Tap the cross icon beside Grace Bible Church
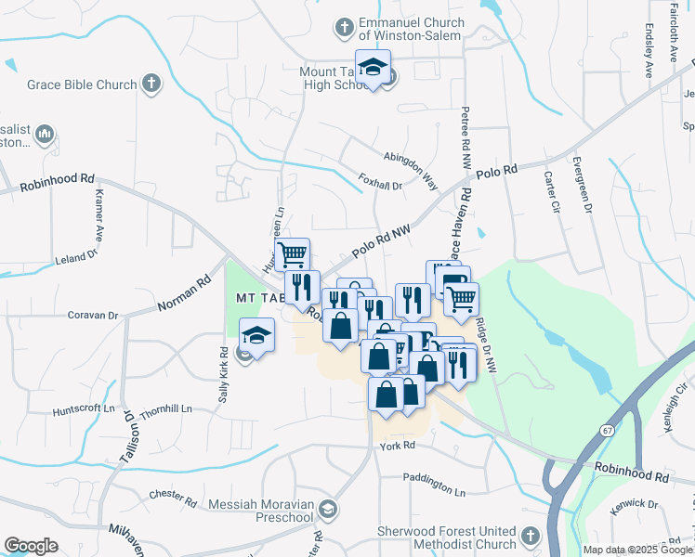[151, 84]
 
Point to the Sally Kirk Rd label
[224, 373]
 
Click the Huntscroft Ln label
[83, 408]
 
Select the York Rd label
[396, 446]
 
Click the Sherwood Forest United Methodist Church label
[446, 537]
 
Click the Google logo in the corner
[31, 546]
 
